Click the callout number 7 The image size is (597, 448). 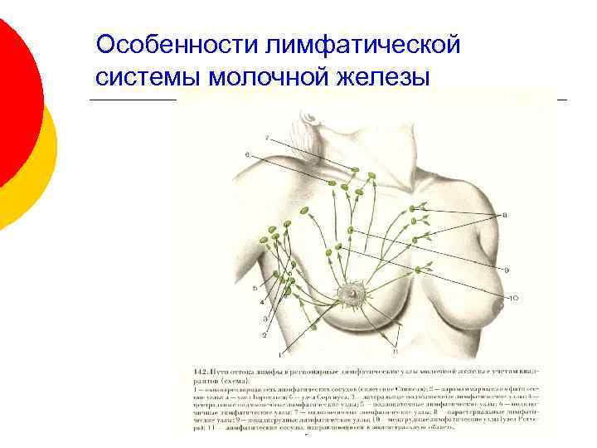click(266, 136)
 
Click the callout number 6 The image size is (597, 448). click(247, 155)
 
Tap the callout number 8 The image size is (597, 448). click(505, 214)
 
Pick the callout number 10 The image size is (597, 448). click(514, 297)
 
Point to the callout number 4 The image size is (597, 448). click(261, 303)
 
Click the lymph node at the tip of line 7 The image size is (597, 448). click(356, 171)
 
